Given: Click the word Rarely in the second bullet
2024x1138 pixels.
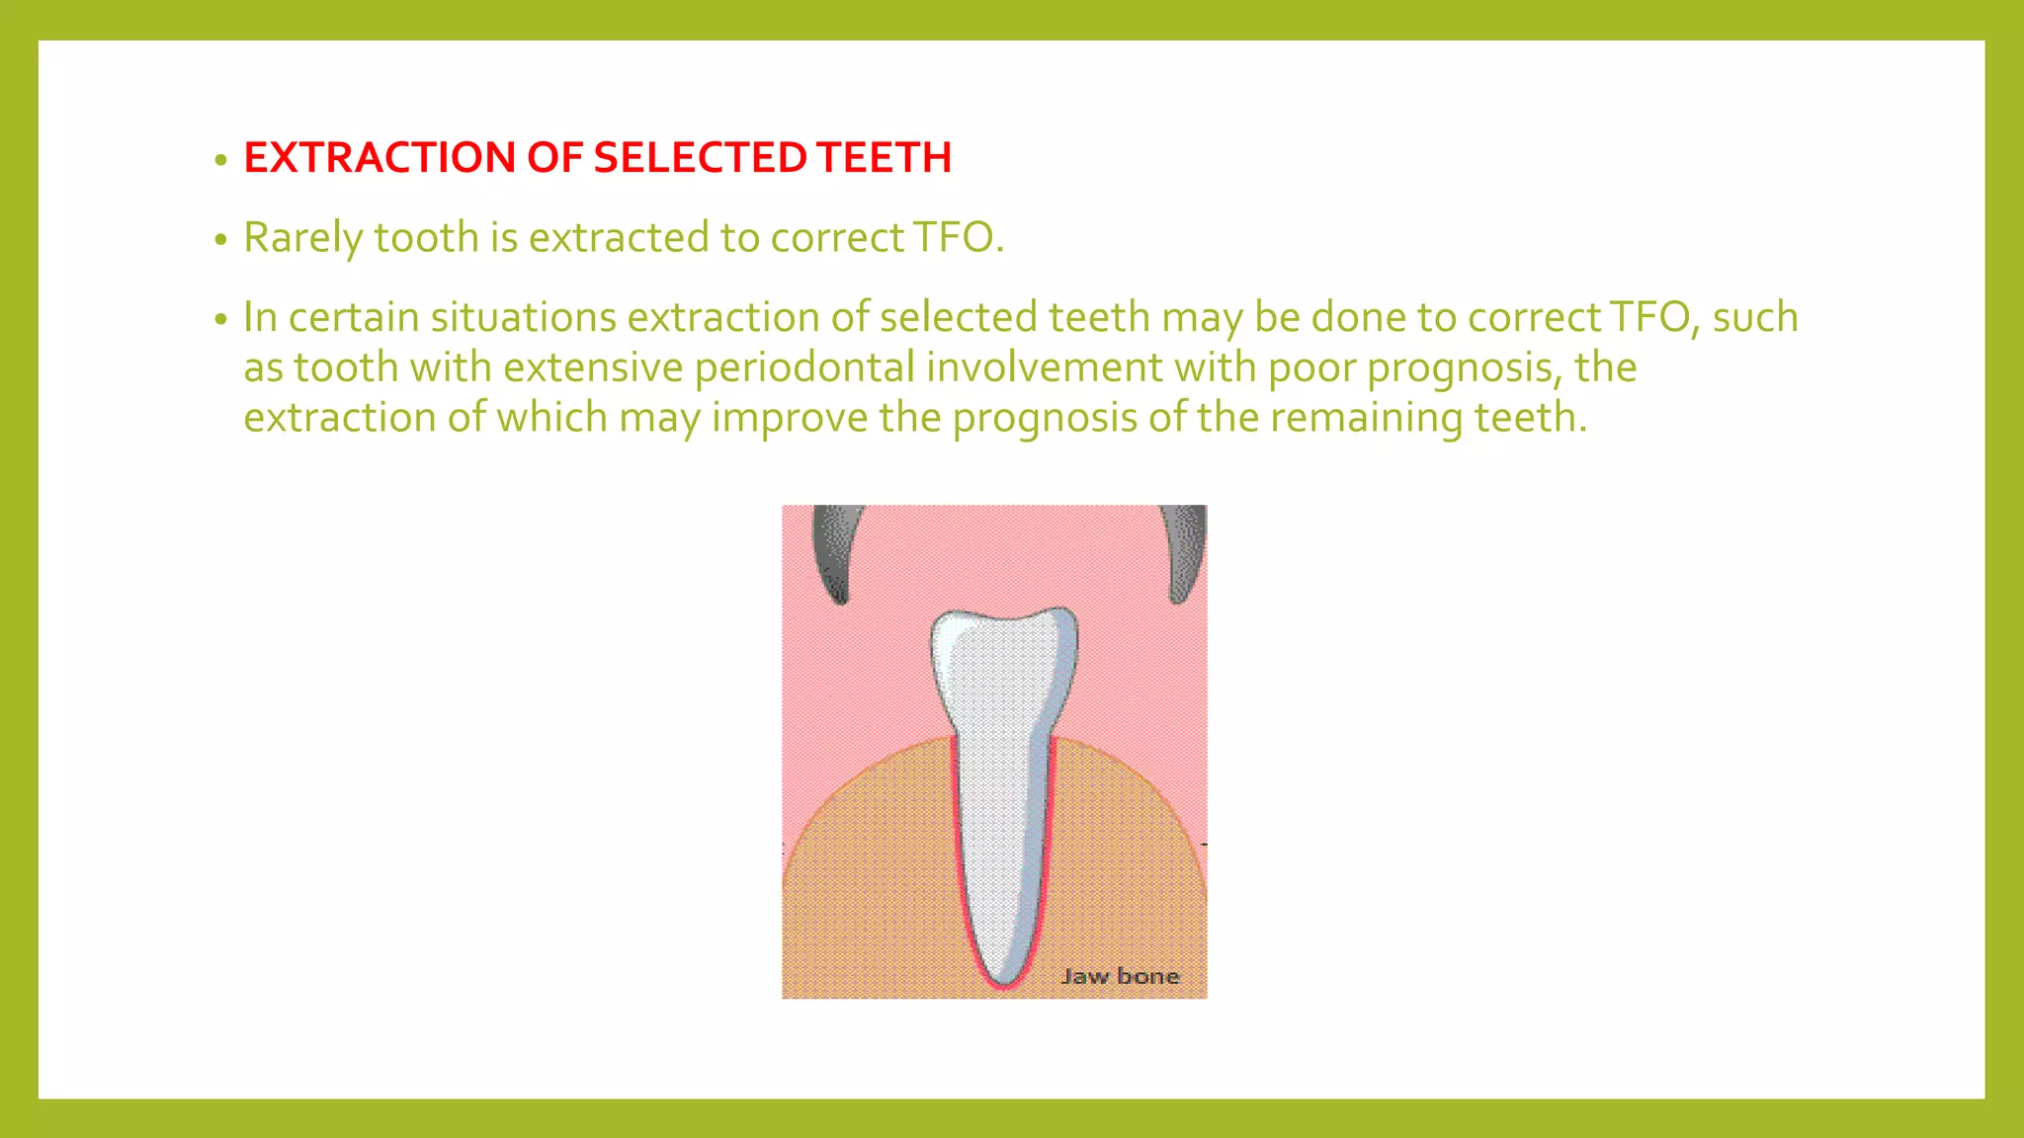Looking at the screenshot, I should point(302,238).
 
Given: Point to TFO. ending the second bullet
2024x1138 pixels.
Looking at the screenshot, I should point(958,238).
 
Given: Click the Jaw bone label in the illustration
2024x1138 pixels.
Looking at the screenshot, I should point(1120,976).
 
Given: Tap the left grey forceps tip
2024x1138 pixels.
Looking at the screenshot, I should point(833,553).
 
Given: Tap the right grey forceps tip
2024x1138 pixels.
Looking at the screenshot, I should point(1184,553).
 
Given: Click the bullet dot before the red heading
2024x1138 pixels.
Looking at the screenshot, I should point(221,160).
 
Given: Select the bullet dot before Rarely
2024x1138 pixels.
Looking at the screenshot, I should point(221,240).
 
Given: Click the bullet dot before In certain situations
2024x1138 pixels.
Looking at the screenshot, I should point(221,320).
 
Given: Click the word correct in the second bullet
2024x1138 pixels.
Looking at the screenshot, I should point(837,238).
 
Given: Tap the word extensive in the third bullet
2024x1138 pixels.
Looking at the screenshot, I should point(593,367).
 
